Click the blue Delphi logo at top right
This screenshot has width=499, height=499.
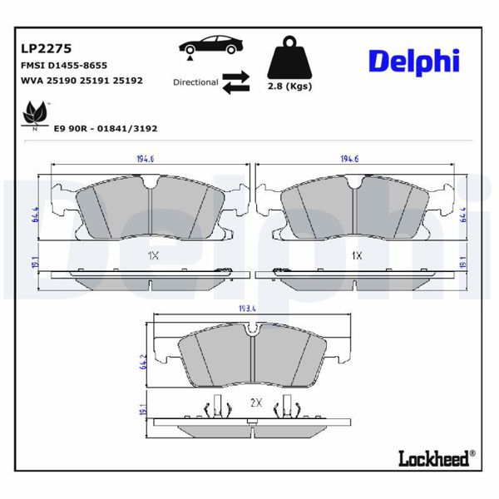[x=413, y=60]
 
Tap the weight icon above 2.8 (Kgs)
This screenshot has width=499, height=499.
[x=289, y=57]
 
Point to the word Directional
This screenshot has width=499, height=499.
[x=195, y=82]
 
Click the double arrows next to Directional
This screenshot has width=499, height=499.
[x=236, y=81]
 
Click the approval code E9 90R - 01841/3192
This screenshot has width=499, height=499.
[x=105, y=129]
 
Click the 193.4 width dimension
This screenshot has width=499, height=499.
[x=246, y=309]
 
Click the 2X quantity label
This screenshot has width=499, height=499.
[x=256, y=403]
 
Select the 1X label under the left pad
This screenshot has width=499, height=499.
[x=153, y=255]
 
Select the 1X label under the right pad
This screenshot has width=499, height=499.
[x=357, y=255]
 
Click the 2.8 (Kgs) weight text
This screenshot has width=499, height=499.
[x=289, y=87]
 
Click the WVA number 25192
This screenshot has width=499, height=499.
[x=127, y=81]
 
